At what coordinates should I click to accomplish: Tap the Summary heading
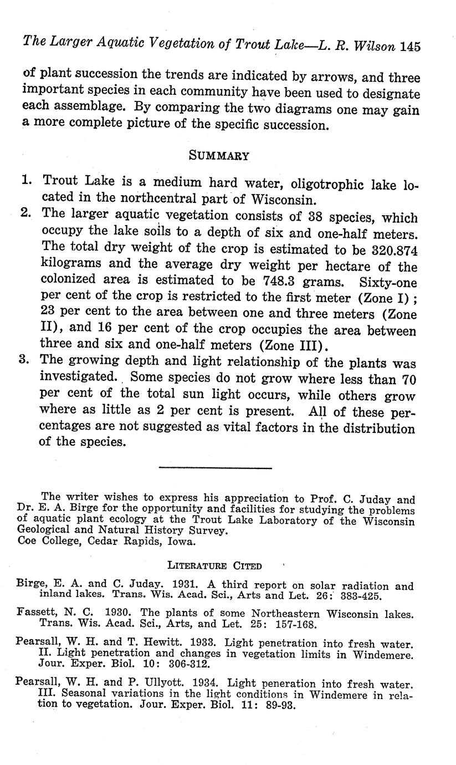click(x=219, y=156)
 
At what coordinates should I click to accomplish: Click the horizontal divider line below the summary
click(x=215, y=468)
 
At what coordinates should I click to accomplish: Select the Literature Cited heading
click(x=214, y=566)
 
